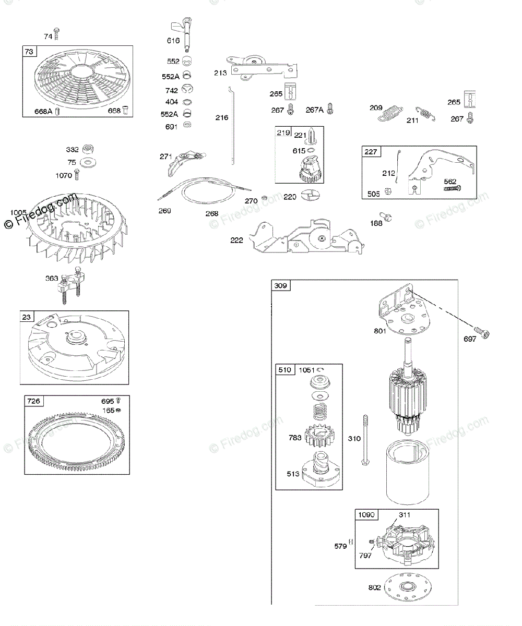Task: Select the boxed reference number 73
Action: coord(29,51)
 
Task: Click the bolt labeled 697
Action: coord(483,332)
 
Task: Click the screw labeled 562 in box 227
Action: coord(453,187)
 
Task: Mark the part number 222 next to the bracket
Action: coord(237,240)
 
